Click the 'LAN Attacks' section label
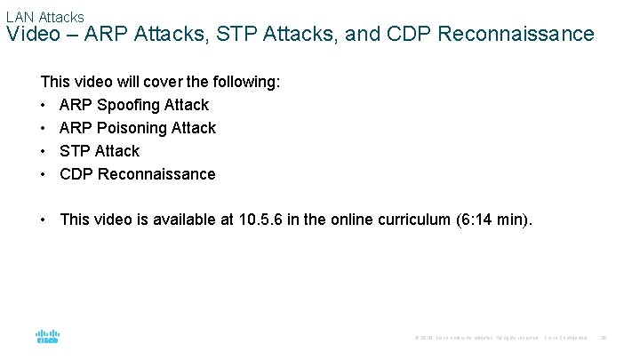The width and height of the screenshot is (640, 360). coord(44,16)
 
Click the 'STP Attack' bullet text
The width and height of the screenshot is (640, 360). coord(100,151)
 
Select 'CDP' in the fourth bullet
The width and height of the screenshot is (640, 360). coord(76,174)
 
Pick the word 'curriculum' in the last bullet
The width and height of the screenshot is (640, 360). coord(412,220)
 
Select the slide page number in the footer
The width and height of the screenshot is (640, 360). coord(604,338)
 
